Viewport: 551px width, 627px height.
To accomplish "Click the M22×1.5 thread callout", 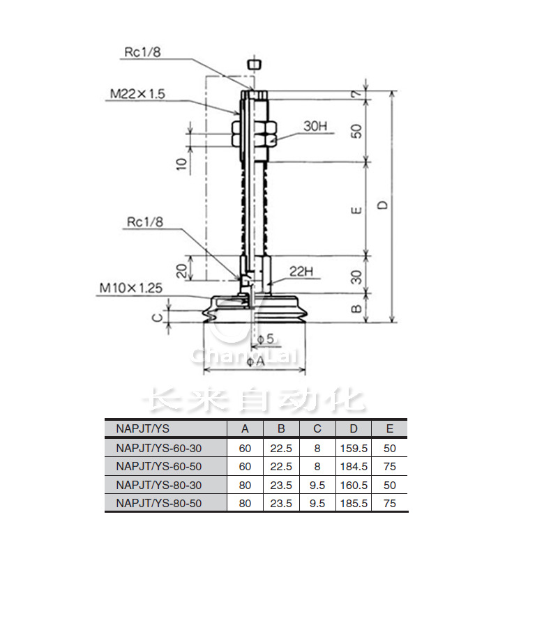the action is (137, 93).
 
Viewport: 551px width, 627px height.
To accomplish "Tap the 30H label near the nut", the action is (315, 126).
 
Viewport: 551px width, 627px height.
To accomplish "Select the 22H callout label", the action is (301, 272).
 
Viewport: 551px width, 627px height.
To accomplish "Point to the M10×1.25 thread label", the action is (131, 288).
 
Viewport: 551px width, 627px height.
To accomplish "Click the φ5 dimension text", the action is (265, 339).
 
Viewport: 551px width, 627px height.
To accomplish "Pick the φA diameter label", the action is (255, 362).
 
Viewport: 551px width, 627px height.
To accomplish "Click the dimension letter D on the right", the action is (383, 205).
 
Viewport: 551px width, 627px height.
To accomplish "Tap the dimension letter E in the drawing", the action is (356, 210).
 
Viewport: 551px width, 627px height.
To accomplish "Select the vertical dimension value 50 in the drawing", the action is (356, 131).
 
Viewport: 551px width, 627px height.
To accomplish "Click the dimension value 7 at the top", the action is (356, 94).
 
